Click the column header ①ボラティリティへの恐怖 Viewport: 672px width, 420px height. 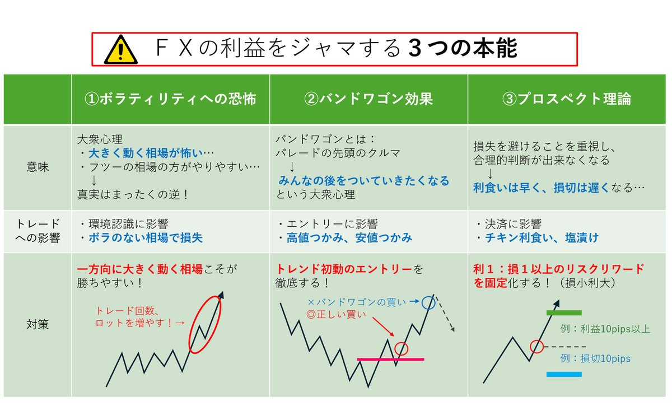click(x=170, y=99)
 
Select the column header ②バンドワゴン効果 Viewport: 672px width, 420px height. click(x=368, y=99)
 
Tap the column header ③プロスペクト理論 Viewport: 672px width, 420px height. click(x=567, y=99)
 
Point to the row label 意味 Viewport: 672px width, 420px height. click(x=37, y=167)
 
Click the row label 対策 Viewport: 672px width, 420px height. click(x=37, y=324)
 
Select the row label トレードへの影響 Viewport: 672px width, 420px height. click(x=37, y=231)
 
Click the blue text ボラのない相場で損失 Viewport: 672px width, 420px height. click(x=146, y=238)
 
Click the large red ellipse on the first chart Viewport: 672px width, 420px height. click(x=205, y=323)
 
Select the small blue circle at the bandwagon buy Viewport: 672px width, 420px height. click(x=429, y=303)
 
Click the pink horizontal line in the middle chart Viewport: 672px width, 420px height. click(x=390, y=359)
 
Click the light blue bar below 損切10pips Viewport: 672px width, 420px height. click(x=564, y=374)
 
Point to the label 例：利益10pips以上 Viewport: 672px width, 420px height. click(x=605, y=329)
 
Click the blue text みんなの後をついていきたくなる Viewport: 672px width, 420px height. click(x=364, y=181)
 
